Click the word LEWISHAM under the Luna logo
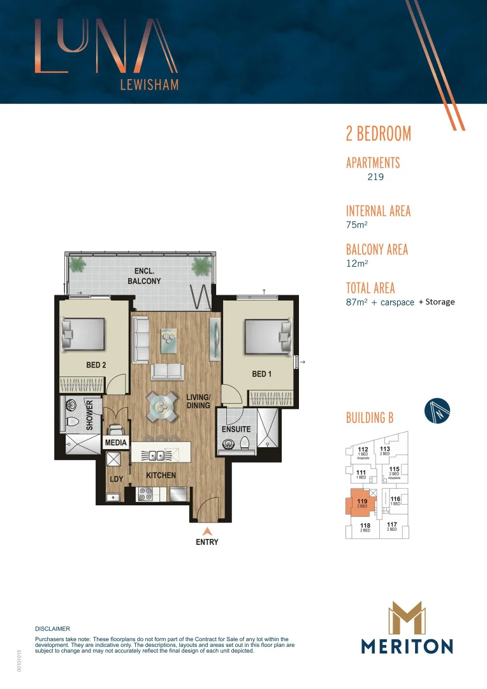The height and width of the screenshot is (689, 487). tap(149, 84)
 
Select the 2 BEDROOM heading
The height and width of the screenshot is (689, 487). tap(378, 134)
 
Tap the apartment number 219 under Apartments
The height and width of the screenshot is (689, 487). tap(375, 177)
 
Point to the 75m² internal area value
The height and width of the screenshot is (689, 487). tap(357, 225)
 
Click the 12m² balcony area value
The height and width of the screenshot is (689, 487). tap(357, 263)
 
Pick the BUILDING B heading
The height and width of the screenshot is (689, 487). tap(370, 419)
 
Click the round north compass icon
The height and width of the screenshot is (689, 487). tap(437, 411)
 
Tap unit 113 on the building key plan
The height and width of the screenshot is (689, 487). tap(385, 450)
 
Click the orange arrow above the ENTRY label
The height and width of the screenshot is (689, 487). tap(207, 531)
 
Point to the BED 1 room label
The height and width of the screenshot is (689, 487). tap(262, 374)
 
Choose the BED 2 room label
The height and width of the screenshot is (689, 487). tap(96, 366)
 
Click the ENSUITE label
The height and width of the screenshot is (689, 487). tap(236, 429)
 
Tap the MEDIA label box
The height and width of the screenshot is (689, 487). tap(117, 443)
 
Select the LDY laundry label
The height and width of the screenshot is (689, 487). tap(116, 478)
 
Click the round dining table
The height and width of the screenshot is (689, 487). tap(161, 404)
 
